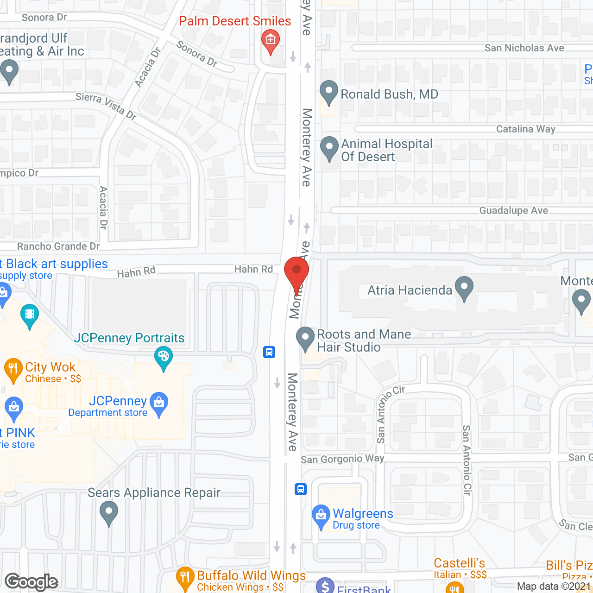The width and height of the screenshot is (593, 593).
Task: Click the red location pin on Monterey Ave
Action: pyautogui.click(x=296, y=271)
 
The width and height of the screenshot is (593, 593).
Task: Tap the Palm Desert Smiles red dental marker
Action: pyautogui.click(x=271, y=40)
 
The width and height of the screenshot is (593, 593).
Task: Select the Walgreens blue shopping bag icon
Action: pyautogui.click(x=321, y=515)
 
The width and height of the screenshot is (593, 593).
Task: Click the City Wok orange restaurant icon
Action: pyautogui.click(x=13, y=369)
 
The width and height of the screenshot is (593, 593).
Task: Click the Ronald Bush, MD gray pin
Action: pyautogui.click(x=329, y=91)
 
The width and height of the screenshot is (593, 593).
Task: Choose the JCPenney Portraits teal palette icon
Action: pyautogui.click(x=163, y=358)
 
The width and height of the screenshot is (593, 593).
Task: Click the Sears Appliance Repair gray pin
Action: pyautogui.click(x=109, y=512)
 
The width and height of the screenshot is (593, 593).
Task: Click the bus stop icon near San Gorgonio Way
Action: pyautogui.click(x=301, y=489)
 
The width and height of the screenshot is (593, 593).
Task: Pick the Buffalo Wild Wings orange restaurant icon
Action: pyautogui.click(x=185, y=577)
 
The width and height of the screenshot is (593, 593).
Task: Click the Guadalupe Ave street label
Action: pyautogui.click(x=513, y=211)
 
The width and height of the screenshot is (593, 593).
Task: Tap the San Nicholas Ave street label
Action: pyautogui.click(x=524, y=48)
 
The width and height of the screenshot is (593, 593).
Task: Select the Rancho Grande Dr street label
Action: pyautogui.click(x=58, y=246)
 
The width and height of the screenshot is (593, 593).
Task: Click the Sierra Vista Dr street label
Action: pyautogui.click(x=106, y=106)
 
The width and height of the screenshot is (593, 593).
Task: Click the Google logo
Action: pyautogui.click(x=32, y=582)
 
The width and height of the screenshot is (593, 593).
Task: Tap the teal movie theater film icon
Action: pyautogui.click(x=30, y=315)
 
